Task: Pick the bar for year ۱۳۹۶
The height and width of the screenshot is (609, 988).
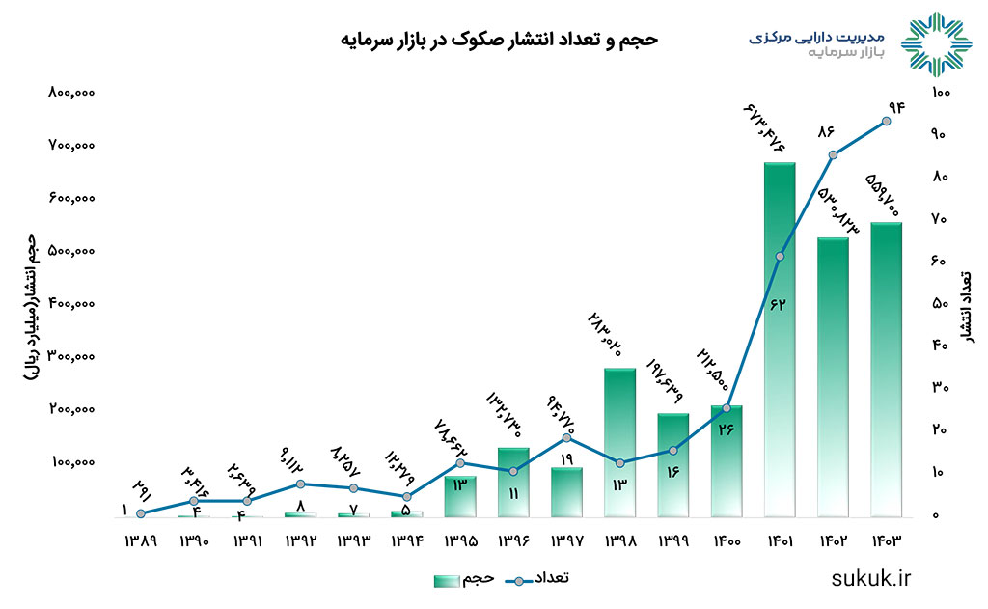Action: tap(513, 482)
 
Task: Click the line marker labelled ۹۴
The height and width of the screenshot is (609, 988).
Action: tap(886, 121)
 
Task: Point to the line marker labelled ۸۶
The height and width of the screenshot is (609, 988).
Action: tap(833, 154)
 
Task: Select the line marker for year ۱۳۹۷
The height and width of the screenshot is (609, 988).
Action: tap(566, 438)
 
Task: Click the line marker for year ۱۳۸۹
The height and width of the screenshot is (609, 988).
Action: tap(141, 513)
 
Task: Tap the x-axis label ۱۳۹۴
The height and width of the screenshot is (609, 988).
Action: tap(406, 542)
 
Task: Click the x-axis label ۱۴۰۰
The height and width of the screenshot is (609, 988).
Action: tap(726, 542)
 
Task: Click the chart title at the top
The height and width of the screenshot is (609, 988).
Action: tap(499, 40)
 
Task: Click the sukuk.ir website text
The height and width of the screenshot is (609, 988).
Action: tap(870, 578)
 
